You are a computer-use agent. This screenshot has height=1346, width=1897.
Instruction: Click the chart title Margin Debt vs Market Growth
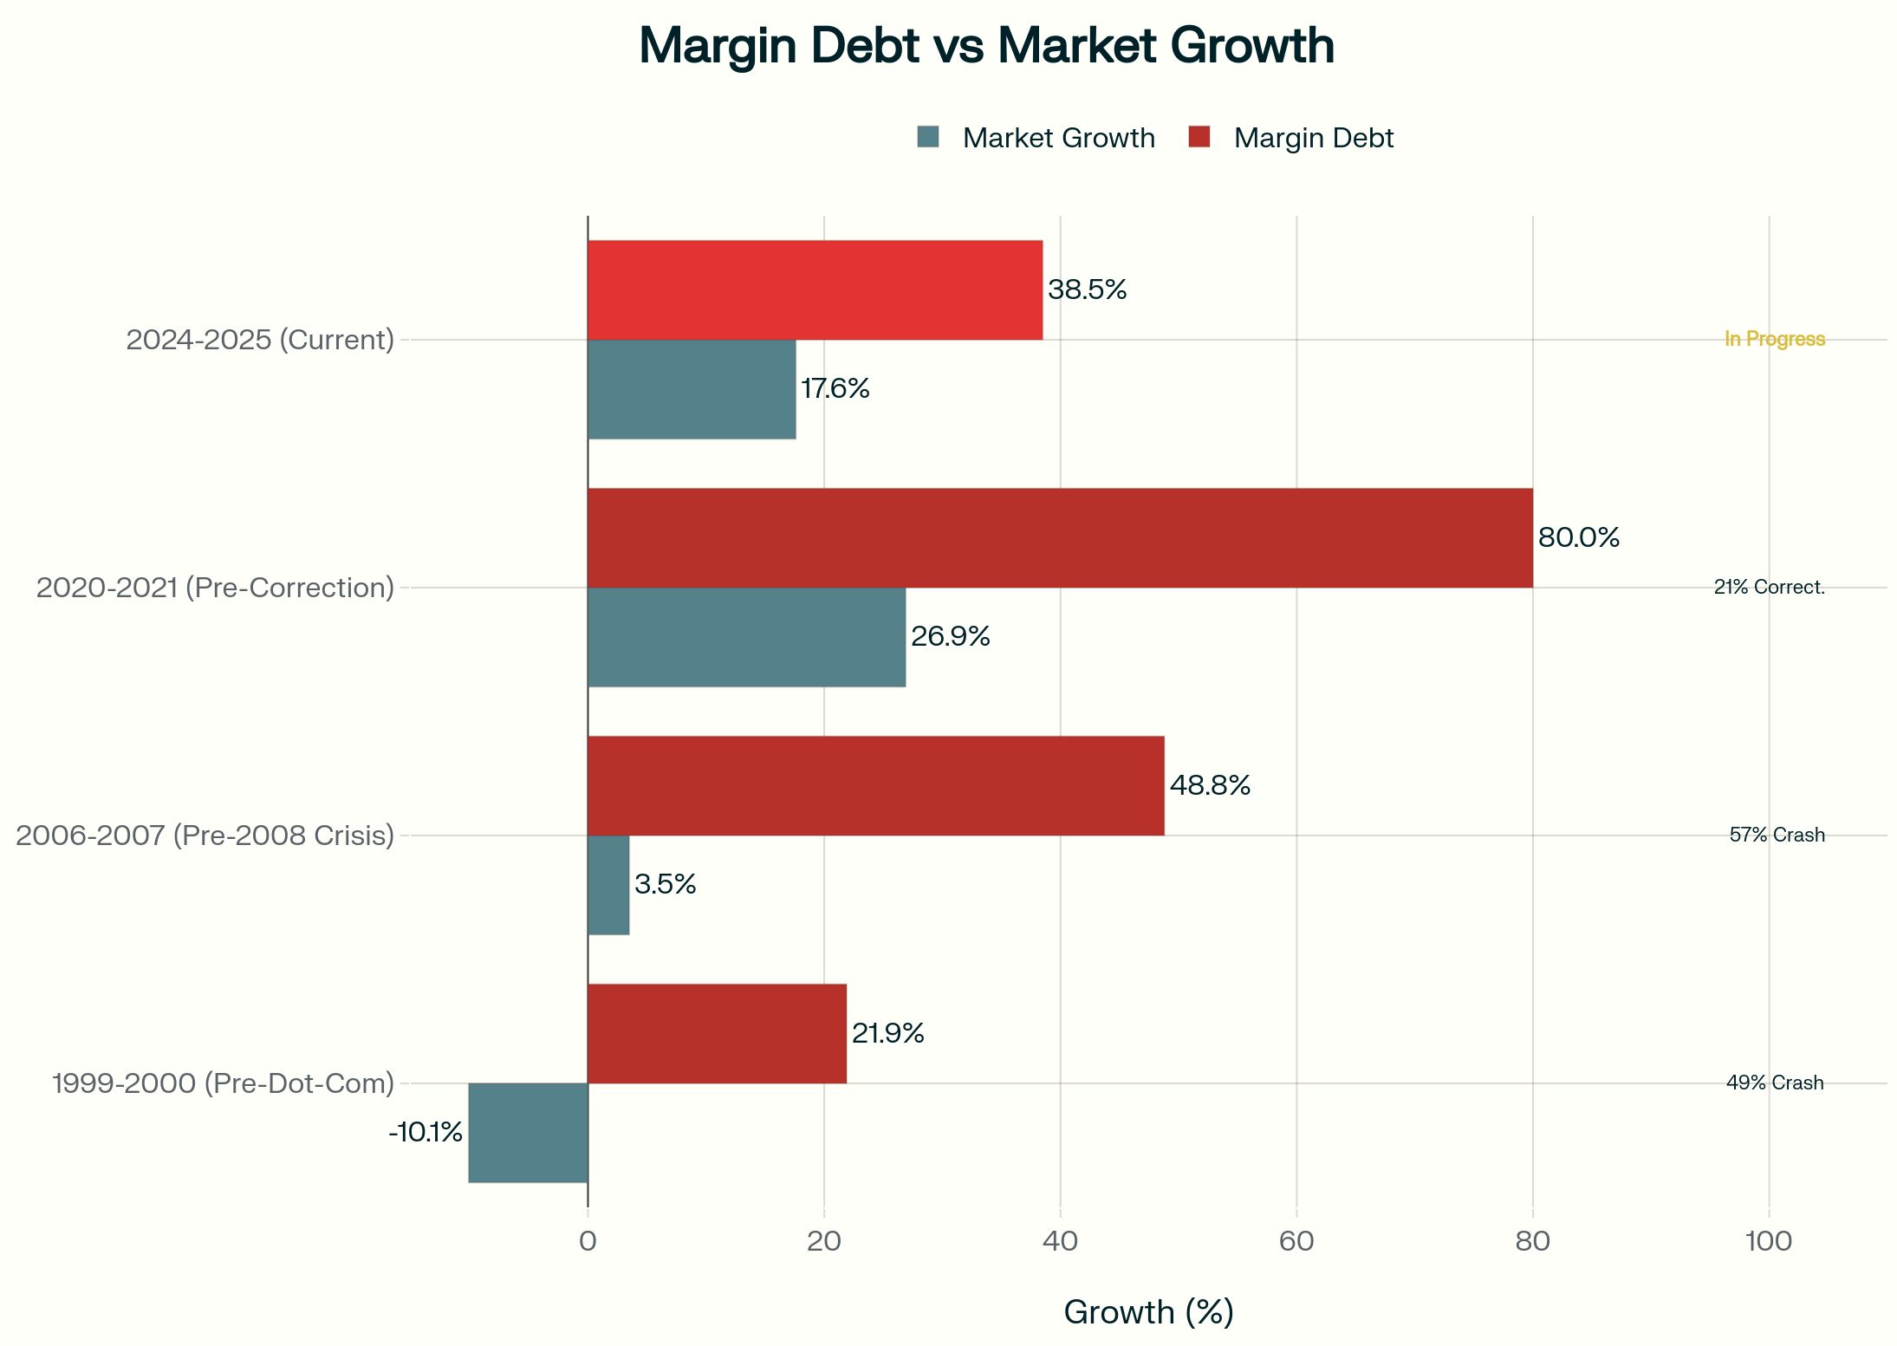pos(985,46)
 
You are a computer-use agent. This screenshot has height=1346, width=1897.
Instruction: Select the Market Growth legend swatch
pos(927,137)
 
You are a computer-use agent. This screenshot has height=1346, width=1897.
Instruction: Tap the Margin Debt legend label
pos(1313,138)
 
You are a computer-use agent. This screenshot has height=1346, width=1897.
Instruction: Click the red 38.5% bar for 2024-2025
pos(815,289)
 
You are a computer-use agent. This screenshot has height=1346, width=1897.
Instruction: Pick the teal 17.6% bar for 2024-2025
pos(692,389)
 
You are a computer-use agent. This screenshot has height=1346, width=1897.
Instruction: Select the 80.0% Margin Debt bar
pos(1060,537)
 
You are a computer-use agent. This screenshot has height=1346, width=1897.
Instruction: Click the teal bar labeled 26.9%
pos(746,637)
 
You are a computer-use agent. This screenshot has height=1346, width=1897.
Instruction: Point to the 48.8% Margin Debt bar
pos(875,785)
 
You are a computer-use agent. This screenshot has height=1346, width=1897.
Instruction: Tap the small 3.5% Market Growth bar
pos(608,885)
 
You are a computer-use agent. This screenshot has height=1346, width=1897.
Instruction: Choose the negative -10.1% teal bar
pos(528,1132)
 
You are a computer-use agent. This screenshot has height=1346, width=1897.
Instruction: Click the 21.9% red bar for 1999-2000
pos(717,1033)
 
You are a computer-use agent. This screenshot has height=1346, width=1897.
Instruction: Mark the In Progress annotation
pos(1774,339)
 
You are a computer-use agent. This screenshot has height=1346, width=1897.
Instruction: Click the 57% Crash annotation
pos(1777,835)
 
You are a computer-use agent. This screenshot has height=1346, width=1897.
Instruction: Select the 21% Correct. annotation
pos(1769,587)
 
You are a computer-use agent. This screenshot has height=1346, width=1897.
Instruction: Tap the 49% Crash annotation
pos(1774,1083)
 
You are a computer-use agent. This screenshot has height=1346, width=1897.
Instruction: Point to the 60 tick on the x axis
pos(1296,1241)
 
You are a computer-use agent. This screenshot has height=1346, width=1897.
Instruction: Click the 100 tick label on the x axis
pos(1768,1241)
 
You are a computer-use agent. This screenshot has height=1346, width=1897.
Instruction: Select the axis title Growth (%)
pos(1148,1311)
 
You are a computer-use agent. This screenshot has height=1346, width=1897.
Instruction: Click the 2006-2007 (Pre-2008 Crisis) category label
pos(205,836)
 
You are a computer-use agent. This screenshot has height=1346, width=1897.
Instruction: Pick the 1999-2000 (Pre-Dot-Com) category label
pos(223,1083)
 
